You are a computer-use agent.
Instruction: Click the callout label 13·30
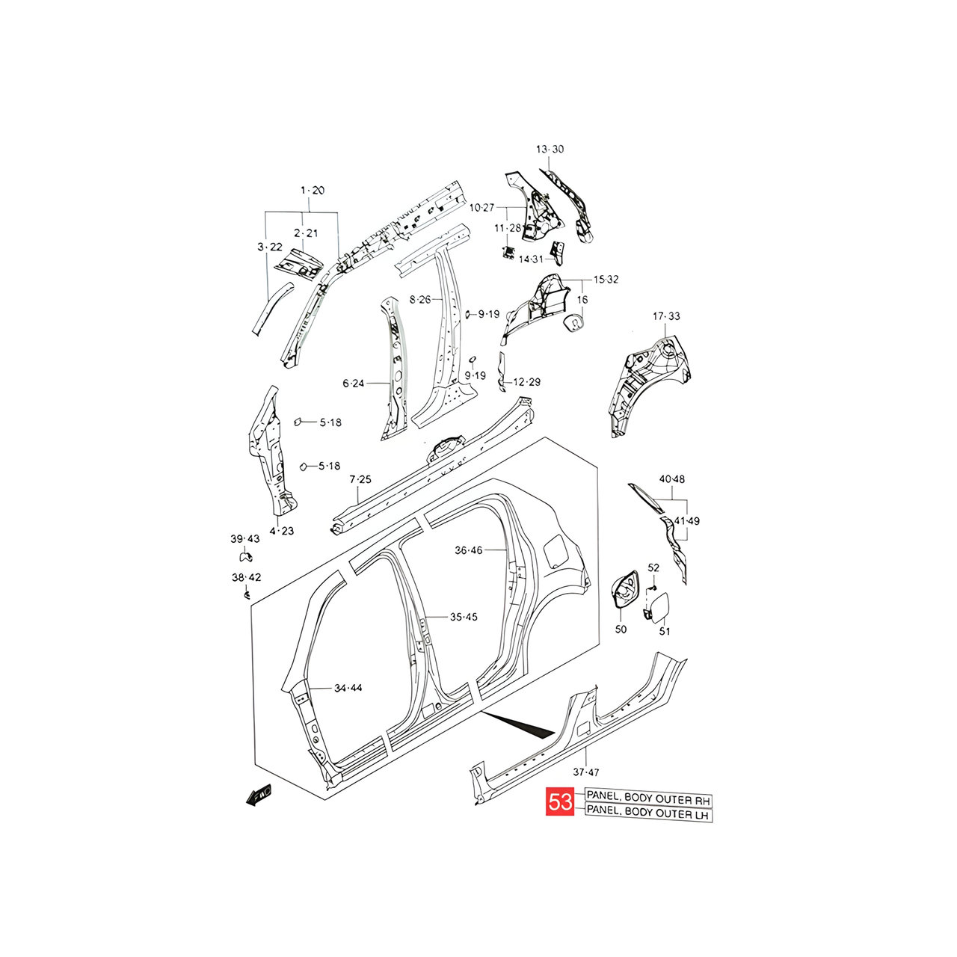(550, 149)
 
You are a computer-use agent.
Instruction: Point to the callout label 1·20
(313, 190)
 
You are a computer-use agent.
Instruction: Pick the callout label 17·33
(666, 316)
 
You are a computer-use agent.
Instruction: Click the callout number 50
(621, 630)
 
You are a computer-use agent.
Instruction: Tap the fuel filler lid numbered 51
(656, 608)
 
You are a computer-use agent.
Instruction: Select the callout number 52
(653, 567)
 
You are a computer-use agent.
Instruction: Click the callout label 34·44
(348, 688)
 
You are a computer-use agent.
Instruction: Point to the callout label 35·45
(464, 617)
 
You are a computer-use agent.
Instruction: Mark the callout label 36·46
(468, 550)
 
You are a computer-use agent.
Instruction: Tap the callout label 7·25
(360, 479)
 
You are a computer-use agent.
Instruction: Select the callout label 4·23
(282, 531)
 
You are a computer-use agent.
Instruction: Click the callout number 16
(582, 300)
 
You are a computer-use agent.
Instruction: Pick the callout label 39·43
(244, 539)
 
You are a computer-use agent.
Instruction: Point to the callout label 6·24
(353, 383)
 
